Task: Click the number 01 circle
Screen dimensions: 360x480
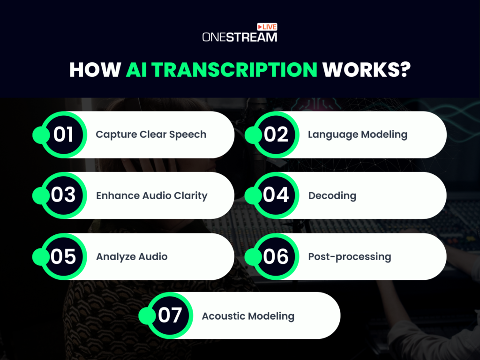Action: click(64, 135)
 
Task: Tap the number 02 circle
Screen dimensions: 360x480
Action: click(276, 135)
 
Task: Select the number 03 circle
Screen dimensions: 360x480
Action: click(64, 195)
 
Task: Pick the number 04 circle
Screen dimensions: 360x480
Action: click(276, 195)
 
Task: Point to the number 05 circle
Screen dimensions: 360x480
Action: click(64, 256)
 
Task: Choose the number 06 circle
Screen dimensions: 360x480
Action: click(276, 256)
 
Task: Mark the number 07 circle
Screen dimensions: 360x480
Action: click(170, 315)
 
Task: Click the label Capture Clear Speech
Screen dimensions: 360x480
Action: click(151, 135)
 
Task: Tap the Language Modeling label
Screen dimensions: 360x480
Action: click(357, 135)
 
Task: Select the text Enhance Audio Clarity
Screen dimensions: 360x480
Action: click(151, 195)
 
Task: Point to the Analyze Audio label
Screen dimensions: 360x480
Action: click(132, 256)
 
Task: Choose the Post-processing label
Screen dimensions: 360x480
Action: click(349, 256)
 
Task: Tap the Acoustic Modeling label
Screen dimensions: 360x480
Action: click(248, 316)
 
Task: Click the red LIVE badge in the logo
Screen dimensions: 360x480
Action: click(267, 28)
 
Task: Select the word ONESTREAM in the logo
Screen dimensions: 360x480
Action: click(240, 37)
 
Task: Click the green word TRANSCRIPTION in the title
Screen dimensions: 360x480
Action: click(222, 70)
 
